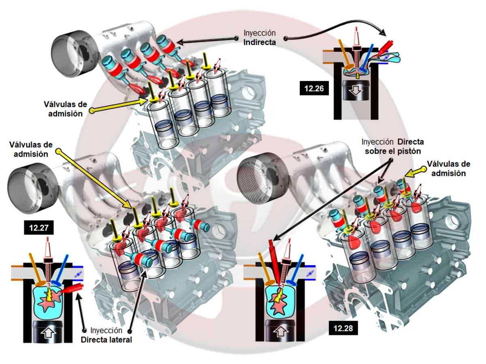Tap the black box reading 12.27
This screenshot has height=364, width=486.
[38, 227]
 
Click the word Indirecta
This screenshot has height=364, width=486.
[260, 42]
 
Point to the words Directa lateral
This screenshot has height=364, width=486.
[106, 339]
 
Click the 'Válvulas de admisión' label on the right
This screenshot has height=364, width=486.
[449, 168]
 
